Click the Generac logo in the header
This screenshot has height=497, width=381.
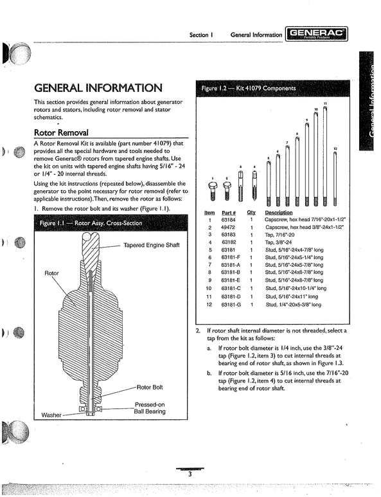317,34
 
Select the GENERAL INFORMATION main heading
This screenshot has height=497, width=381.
98,88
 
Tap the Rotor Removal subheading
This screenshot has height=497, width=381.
61,132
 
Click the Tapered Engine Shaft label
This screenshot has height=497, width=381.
152,245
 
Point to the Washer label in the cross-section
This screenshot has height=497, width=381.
51,415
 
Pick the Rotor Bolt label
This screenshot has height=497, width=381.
150,387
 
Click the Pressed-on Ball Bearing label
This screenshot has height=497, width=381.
150,408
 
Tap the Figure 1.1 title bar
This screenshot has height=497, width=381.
111,223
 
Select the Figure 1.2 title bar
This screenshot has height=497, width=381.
273,89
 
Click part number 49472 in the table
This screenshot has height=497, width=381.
228,227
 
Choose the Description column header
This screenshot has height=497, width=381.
279,212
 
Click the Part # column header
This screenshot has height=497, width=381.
228,213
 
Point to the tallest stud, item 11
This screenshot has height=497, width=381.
325,156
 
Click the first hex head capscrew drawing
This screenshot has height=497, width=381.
213,191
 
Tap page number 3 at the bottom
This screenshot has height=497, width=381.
190,474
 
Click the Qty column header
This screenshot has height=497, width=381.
251,212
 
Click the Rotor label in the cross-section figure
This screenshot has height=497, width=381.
51,273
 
